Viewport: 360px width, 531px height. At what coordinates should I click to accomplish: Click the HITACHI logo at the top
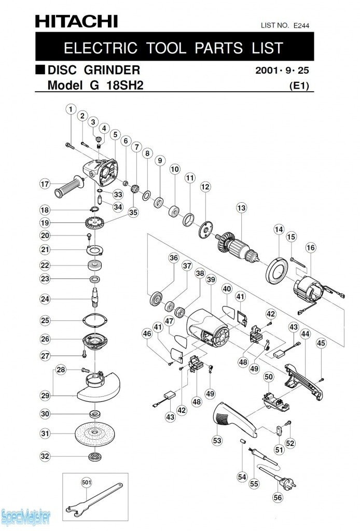pyautogui.click(x=76, y=21)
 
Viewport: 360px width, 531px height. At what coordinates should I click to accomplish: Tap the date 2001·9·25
pyautogui.click(x=285, y=70)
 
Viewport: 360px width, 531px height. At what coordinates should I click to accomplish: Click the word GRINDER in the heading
pyautogui.click(x=112, y=69)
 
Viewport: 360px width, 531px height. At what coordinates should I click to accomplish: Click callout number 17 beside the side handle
pyautogui.click(x=45, y=184)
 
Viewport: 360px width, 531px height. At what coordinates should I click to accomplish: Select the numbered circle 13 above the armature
pyautogui.click(x=241, y=208)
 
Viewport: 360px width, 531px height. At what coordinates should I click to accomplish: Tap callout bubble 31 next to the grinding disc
pyautogui.click(x=45, y=434)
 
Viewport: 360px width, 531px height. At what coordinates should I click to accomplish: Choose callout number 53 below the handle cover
pyautogui.click(x=217, y=440)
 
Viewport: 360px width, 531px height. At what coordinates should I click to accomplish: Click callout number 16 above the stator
pyautogui.click(x=310, y=248)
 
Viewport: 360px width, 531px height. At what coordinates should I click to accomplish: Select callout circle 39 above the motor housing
pyautogui.click(x=210, y=280)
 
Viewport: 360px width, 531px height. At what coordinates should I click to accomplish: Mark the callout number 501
pyautogui.click(x=86, y=482)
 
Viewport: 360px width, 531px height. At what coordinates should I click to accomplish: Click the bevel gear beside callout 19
pyautogui.click(x=94, y=225)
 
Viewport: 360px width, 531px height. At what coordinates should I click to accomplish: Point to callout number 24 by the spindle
pyautogui.click(x=45, y=299)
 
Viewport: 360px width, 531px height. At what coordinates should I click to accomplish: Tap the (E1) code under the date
pyautogui.click(x=299, y=87)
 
